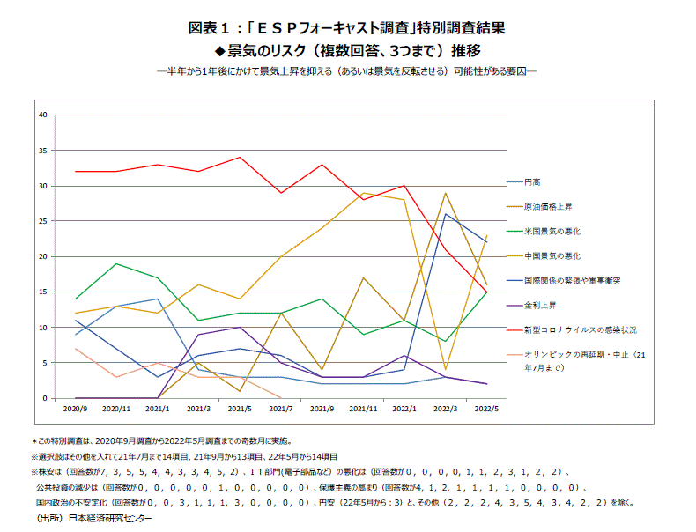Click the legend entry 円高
point(531,181)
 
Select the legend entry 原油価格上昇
point(544,206)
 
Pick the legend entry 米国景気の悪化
point(551,231)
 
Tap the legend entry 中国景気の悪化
point(551,255)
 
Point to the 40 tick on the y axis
point(42,115)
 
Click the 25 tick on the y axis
point(42,221)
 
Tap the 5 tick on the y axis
point(44,363)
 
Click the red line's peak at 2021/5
point(240,158)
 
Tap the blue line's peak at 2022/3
point(446,214)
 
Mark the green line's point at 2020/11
point(116,263)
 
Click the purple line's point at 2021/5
point(240,328)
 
